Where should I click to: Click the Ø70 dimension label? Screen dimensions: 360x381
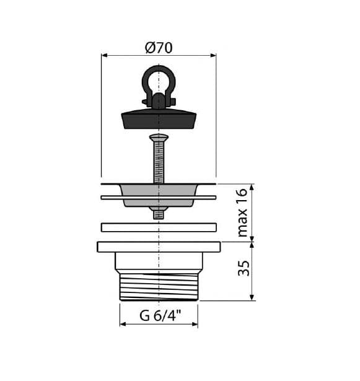tap(159, 48)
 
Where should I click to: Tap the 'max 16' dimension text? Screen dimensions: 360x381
tap(242, 213)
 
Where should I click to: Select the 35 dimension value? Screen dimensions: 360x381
tap(244, 268)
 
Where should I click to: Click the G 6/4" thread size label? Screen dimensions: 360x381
tap(160, 315)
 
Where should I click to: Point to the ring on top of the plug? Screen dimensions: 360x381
tap(143, 80)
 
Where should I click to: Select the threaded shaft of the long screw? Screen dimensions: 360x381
tap(159, 162)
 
